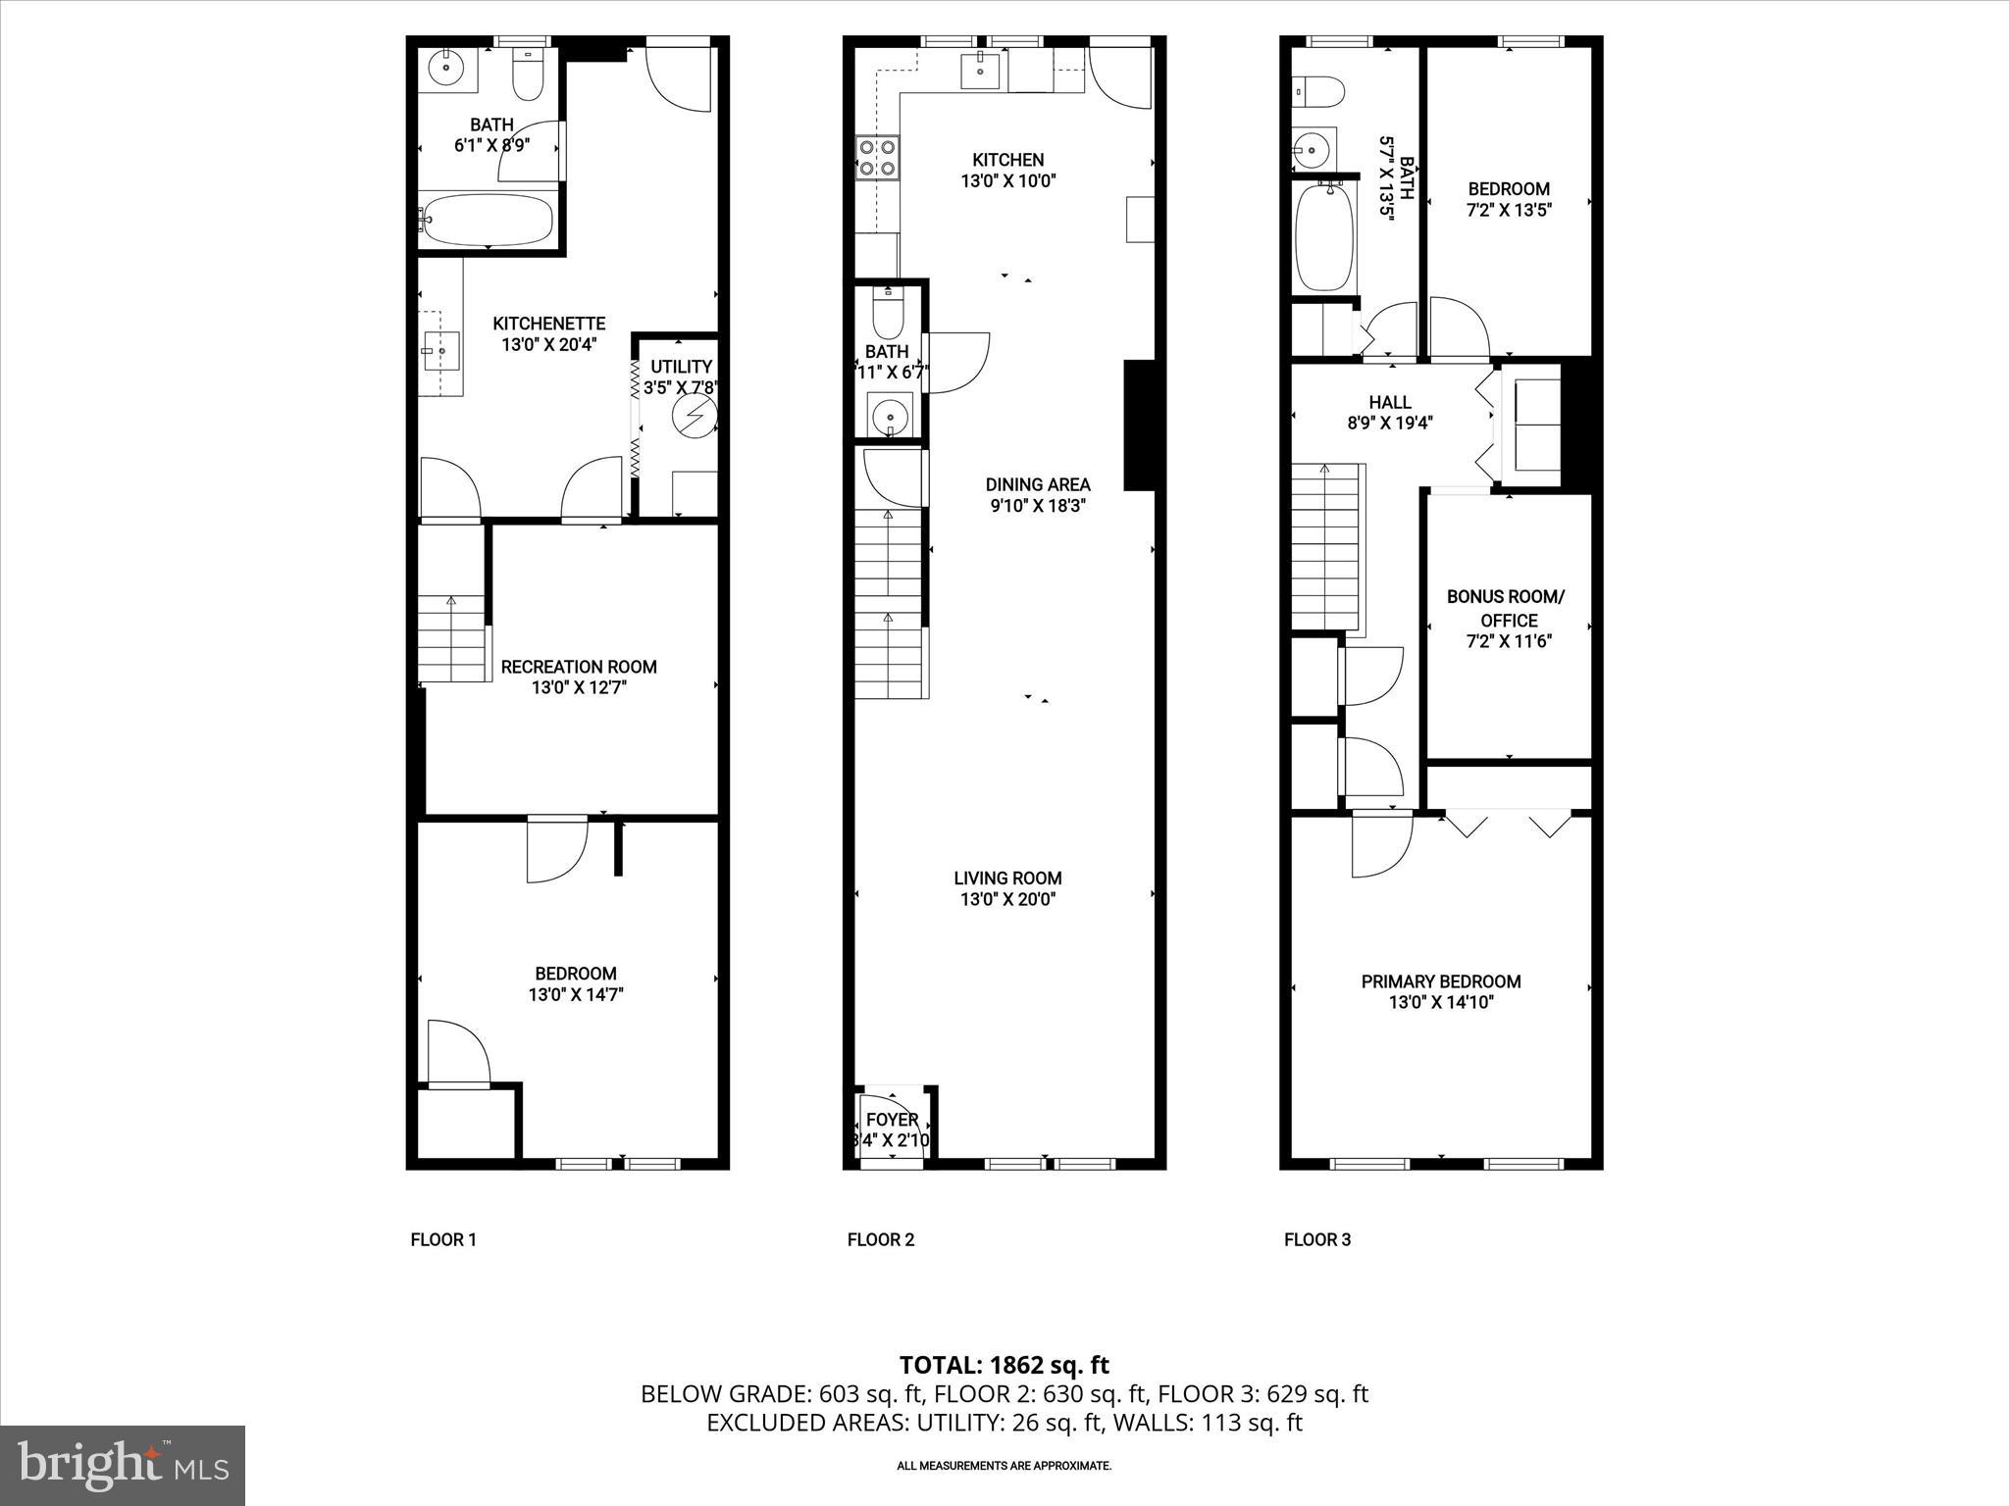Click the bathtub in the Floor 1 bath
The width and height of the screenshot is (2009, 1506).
pos(487,221)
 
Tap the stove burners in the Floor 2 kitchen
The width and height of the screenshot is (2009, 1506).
pos(877,158)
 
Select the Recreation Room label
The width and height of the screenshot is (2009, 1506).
pos(579,667)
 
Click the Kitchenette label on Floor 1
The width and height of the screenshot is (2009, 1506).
pos(548,324)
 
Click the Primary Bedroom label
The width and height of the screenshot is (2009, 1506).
pos(1440,981)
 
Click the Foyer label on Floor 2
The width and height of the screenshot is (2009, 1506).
pos(892,1120)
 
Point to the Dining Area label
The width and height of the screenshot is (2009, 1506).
pos(1037,484)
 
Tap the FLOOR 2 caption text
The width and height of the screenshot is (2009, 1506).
pos(880,1240)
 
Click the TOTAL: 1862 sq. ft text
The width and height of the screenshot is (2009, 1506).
pos(1004,1365)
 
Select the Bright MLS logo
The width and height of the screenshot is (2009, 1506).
pos(123,1465)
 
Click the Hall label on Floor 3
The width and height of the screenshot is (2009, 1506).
pos(1389,402)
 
